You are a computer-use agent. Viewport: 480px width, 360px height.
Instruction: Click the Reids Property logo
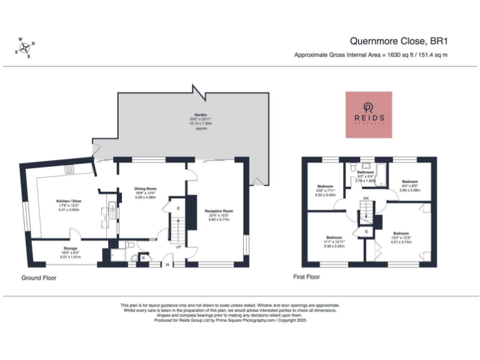click(369, 114)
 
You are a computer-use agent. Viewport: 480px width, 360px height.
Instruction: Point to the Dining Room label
click(145, 192)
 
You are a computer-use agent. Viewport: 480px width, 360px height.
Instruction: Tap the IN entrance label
click(167, 264)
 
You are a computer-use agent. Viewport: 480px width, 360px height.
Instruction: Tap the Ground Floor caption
click(39, 277)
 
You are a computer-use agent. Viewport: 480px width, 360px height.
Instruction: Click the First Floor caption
click(306, 276)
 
